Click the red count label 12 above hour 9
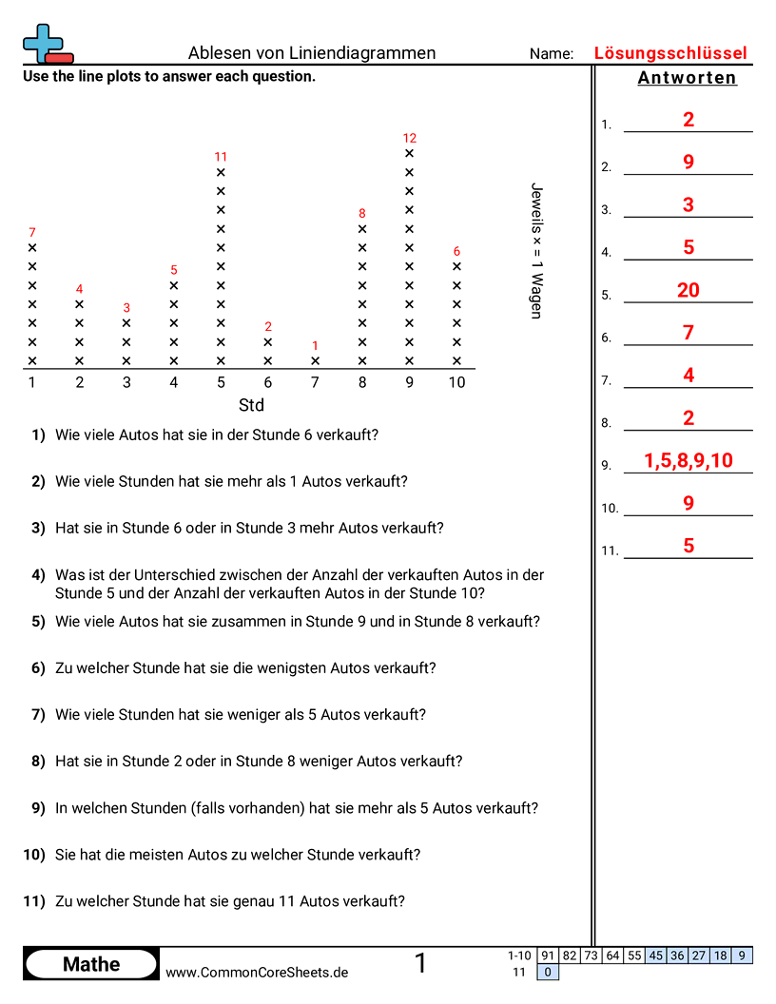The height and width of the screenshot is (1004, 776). pos(410,138)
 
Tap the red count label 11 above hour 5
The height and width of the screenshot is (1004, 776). pos(221,157)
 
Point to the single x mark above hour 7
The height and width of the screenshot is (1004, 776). pos(316,361)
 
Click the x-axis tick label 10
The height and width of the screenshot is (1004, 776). pos(457,382)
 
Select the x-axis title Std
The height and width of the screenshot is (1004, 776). pos(251,405)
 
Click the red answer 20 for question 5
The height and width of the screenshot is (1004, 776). pos(689,290)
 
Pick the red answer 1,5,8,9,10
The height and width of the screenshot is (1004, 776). pos(689,461)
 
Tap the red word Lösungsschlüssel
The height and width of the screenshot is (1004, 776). pos(670,53)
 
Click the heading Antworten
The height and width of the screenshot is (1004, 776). pos(688,78)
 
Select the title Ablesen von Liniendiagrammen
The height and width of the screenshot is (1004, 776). pos(312,53)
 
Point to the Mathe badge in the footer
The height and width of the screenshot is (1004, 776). pos(91,964)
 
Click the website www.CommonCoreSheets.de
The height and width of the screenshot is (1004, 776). pos(257,973)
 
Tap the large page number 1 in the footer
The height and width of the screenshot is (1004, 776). pos(420,964)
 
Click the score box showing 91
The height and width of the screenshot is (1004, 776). pos(548,956)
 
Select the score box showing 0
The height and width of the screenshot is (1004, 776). pos(548,972)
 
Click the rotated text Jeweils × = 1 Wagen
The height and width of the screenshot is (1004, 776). pos(536,250)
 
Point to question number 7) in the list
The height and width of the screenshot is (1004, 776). pos(38,714)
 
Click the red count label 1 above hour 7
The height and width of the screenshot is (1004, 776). pos(316,346)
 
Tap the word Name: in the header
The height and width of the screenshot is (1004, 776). pos(552,54)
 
